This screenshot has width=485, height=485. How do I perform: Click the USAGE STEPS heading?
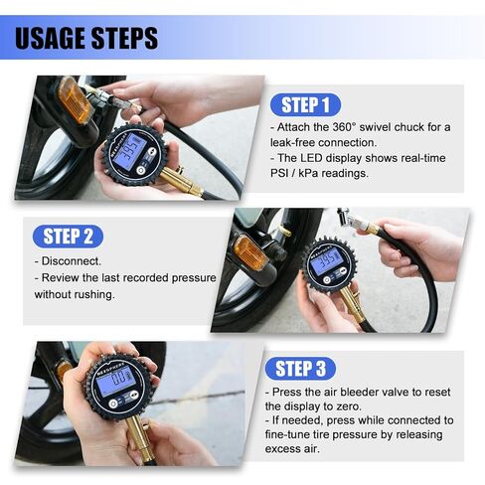(x=87, y=39)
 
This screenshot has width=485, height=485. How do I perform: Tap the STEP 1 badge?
(x=305, y=105)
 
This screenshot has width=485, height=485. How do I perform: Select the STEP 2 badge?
(x=69, y=236)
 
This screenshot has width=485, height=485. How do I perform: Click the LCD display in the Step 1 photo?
(x=131, y=151)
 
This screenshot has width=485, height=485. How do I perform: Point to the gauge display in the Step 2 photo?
(x=326, y=261)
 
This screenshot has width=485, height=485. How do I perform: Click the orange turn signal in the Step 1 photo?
(x=75, y=99)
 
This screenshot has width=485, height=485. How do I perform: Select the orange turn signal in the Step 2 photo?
(x=249, y=252)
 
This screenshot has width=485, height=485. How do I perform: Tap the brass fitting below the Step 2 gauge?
(x=349, y=304)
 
